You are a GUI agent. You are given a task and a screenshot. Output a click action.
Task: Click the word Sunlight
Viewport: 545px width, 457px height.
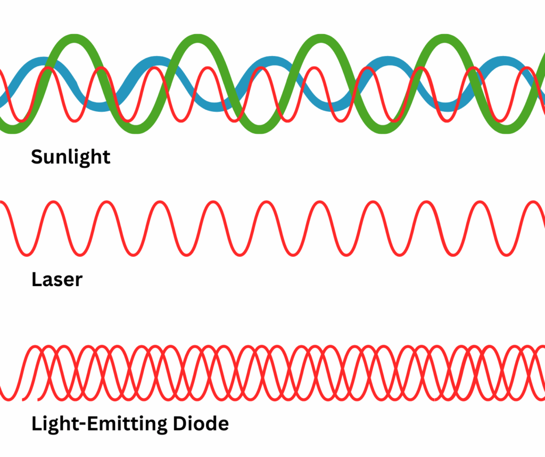click(x=70, y=157)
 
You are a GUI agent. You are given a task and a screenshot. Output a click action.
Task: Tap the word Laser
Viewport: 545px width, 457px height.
click(x=57, y=279)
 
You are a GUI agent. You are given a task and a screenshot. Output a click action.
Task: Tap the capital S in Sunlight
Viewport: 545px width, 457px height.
click(x=37, y=157)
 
